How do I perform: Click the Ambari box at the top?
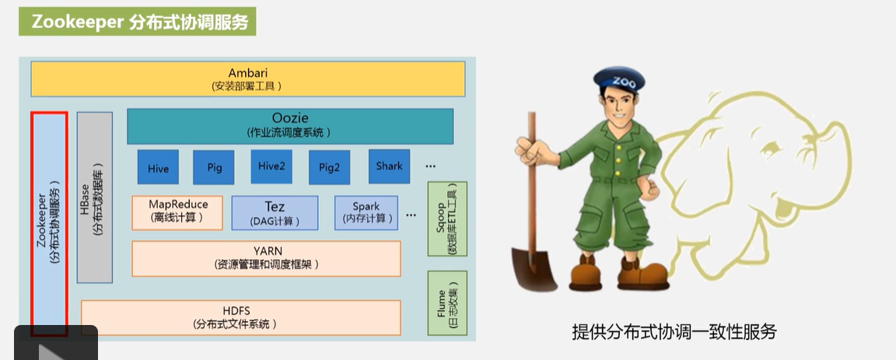247,79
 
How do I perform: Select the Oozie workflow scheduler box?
289,126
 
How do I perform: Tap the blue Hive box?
158,167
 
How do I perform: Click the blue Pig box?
215,167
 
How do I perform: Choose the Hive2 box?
271,166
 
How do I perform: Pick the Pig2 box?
329,167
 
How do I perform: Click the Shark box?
389,166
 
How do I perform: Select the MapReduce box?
178,211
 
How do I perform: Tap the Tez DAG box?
275,212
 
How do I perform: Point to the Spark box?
366,212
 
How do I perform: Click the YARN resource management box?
266,258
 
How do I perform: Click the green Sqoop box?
447,219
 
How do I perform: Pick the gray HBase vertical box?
95,197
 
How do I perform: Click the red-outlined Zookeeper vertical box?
49,223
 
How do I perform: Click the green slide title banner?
137,23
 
